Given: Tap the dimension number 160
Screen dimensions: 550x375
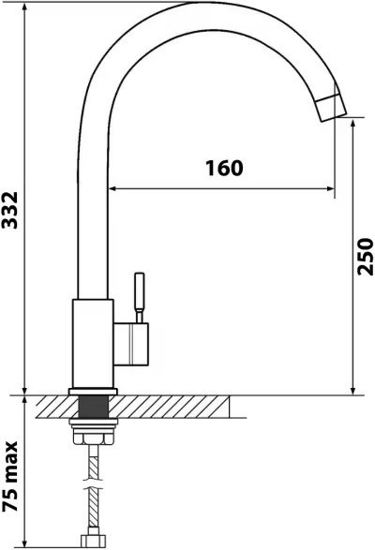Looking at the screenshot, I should [224, 169].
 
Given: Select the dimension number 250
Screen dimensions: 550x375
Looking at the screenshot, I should [367, 255].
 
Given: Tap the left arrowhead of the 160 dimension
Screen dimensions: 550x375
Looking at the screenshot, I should [114, 189].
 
